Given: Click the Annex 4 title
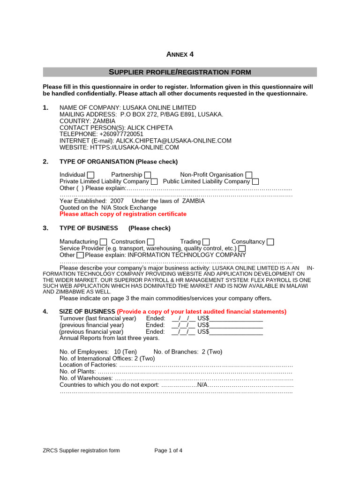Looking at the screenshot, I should (x=180, y=54).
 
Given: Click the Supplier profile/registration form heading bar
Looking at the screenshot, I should (x=180, y=72).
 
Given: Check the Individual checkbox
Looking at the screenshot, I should (x=91, y=175).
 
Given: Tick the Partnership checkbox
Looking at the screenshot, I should (x=148, y=175).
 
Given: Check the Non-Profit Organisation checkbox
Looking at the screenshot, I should (x=249, y=175).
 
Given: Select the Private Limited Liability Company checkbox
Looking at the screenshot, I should (x=154, y=182).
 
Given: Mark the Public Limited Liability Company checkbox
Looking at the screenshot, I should (x=255, y=182).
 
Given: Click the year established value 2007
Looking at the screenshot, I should (x=117, y=201).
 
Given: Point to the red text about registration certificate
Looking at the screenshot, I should (x=123, y=214).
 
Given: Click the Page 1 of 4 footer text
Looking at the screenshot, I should (x=168, y=451).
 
